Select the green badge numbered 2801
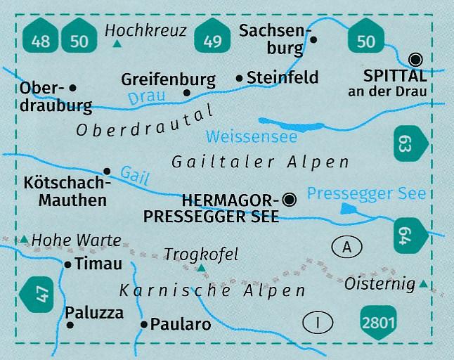pyautogui.click(x=380, y=322)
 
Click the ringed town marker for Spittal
pyautogui.click(x=416, y=60)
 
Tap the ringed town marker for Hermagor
pyautogui.click(x=290, y=201)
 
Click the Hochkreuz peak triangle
pyautogui.click(x=117, y=44)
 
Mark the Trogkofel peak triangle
pyautogui.click(x=201, y=268)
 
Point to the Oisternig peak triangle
pyautogui.click(x=423, y=285)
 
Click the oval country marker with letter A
pyautogui.click(x=346, y=247)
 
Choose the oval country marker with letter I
pyautogui.click(x=318, y=322)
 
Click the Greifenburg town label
pyautogui.click(x=167, y=79)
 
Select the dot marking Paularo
pyautogui.click(x=144, y=324)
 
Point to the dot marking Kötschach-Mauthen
pyautogui.click(x=107, y=171)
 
